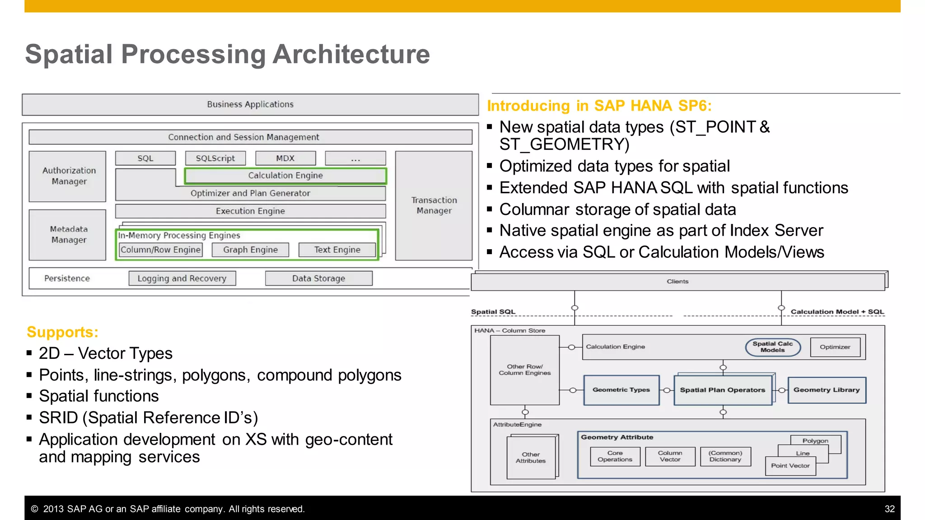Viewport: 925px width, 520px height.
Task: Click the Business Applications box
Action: click(x=250, y=104)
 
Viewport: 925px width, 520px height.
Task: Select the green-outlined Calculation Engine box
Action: click(x=285, y=176)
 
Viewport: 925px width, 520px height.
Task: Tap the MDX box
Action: click(x=285, y=158)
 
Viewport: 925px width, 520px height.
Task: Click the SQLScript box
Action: click(x=215, y=158)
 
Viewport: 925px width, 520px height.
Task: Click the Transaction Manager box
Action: click(x=434, y=205)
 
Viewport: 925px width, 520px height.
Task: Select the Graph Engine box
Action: click(x=250, y=250)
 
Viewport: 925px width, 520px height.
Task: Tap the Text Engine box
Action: click(x=337, y=250)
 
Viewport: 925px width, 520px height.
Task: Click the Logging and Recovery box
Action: click(x=182, y=279)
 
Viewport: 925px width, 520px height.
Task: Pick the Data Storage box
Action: click(x=318, y=279)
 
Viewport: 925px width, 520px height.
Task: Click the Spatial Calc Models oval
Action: click(x=773, y=347)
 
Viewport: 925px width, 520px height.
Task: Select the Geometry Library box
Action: click(x=827, y=390)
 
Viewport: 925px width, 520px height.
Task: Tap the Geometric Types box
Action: click(x=621, y=390)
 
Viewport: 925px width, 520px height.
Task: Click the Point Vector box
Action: click(x=790, y=466)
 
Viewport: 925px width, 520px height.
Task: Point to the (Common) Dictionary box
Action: click(x=725, y=456)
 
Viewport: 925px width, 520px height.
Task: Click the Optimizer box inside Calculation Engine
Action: click(x=835, y=347)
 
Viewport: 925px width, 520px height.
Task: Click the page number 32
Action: click(x=889, y=509)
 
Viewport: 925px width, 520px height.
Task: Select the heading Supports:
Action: click(x=62, y=332)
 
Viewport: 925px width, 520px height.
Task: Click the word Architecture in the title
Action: click(x=351, y=54)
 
